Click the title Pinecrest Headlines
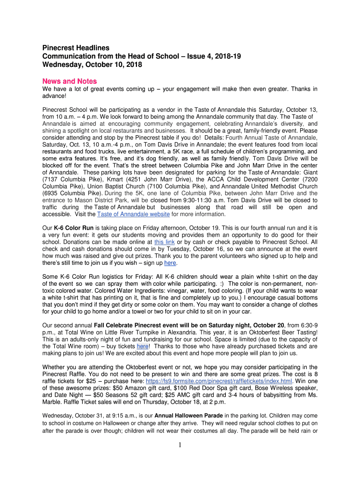76,48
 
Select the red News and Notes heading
70,81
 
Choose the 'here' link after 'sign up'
170,263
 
